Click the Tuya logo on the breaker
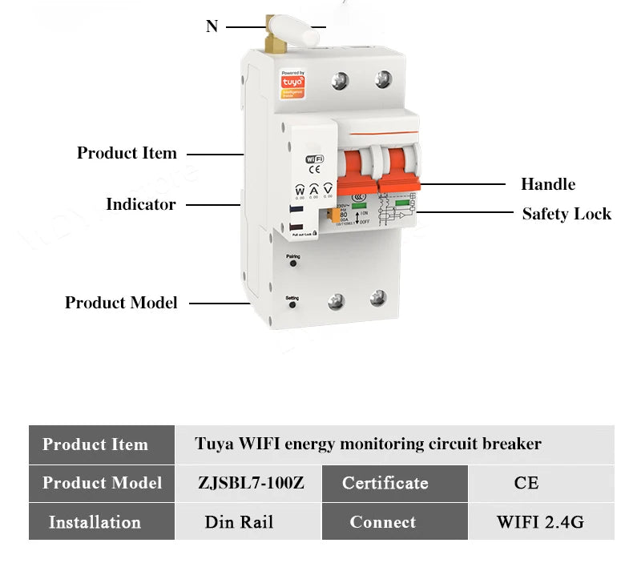[x=292, y=82]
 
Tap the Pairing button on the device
[x=292, y=265]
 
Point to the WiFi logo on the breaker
[x=315, y=160]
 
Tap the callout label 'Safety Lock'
[x=566, y=214]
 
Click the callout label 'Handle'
[x=548, y=184]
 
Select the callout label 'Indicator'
[x=140, y=204]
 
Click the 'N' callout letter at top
[x=212, y=26]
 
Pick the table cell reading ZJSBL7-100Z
[x=250, y=483]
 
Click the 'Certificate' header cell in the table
[x=385, y=483]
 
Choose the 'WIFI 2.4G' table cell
[x=540, y=522]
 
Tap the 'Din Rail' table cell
[x=239, y=522]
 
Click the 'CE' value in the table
[x=526, y=483]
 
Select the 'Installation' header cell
[x=95, y=522]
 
